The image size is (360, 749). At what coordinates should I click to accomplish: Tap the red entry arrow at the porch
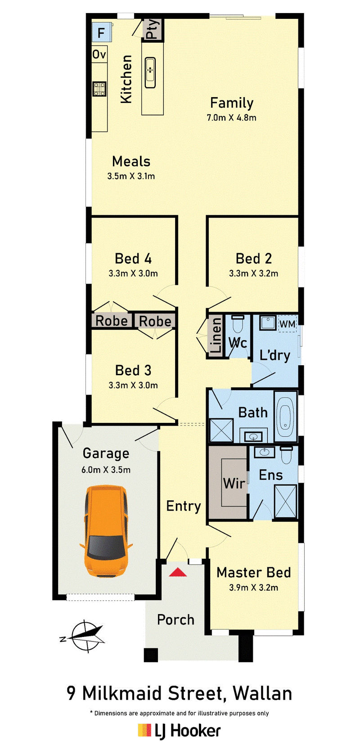[178, 572]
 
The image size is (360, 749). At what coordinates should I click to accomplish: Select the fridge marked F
[101, 32]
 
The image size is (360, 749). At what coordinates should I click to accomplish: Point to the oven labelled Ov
[99, 54]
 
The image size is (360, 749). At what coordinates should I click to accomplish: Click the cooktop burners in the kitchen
[99, 89]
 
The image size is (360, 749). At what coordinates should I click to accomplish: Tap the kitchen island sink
[150, 73]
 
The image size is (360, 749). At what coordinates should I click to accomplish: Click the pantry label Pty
[152, 29]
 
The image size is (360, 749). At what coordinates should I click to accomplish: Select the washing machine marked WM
[288, 324]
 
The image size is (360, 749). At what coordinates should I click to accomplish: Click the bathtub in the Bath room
[285, 417]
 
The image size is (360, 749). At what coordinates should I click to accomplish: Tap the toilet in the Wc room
[238, 324]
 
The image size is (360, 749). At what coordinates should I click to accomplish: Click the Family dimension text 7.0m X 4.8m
[231, 118]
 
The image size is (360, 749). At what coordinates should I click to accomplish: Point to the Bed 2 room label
[254, 259]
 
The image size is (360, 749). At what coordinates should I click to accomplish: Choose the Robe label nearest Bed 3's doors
[155, 321]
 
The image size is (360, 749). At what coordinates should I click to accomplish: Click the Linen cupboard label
[216, 335]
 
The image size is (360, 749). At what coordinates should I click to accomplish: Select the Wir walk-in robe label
[234, 483]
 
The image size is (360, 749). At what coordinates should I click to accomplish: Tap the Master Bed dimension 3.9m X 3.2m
[254, 588]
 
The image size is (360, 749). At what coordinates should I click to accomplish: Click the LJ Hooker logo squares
[144, 730]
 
